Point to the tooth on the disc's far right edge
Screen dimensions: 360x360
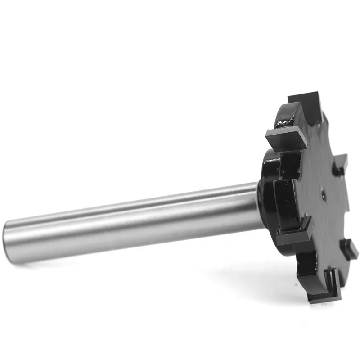[341, 164]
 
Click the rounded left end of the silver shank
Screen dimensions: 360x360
[10, 236]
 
